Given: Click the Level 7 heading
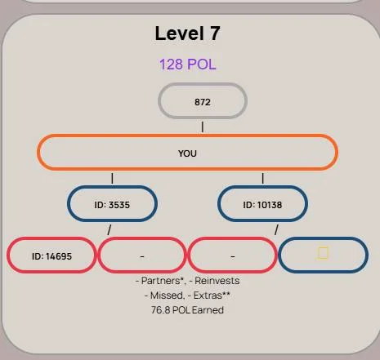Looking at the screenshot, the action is pos(187,33).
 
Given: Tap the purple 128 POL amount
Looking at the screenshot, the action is pos(187,64).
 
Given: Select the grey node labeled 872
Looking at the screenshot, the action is pos(203,101).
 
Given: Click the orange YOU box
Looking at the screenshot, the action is pos(187,152).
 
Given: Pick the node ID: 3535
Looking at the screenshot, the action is pos(112,203).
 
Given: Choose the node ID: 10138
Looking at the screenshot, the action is pos(262,203).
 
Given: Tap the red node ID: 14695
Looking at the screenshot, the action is pos(51,255).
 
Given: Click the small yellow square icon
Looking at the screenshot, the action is pos(323,253).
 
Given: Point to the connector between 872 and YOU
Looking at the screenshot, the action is pos(203,127).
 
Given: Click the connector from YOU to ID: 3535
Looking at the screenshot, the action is pos(112,178).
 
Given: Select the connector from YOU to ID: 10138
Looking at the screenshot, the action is pos(262,178).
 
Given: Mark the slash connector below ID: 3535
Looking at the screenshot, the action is pos(110,229).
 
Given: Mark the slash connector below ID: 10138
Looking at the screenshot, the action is pos(276,229).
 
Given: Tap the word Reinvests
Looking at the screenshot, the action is pos(217,281).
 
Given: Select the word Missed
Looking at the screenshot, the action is pos(167,296).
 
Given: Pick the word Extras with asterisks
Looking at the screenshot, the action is pos(212,296).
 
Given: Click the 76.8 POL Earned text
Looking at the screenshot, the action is pos(187,310).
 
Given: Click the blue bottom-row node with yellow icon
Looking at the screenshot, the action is pos(323,255).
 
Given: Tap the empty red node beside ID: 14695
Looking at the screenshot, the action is pos(142,255).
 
